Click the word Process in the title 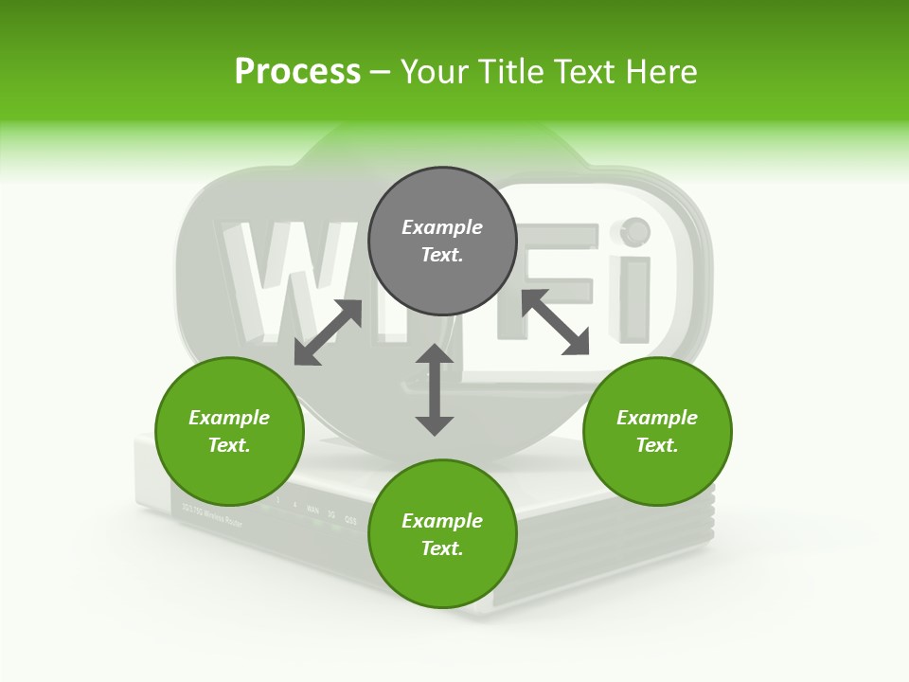[x=297, y=72]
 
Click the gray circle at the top [x=442, y=284]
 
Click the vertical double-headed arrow [x=435, y=389]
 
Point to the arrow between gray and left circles [x=328, y=332]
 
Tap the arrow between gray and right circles [x=555, y=322]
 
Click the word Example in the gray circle [x=442, y=227]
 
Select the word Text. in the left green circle [x=229, y=445]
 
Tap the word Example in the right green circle [x=657, y=418]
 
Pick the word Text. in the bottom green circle [x=442, y=548]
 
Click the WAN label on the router [x=312, y=509]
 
